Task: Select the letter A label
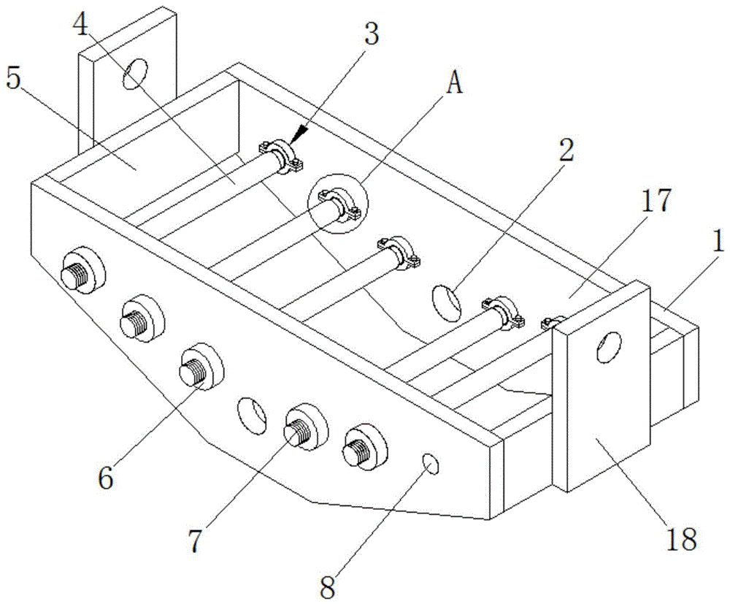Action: tap(454, 85)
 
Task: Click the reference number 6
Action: tap(106, 477)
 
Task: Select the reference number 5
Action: tap(13, 79)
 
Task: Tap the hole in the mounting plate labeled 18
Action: tap(608, 346)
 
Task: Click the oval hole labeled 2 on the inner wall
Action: tap(447, 302)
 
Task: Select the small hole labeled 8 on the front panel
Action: tap(431, 464)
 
